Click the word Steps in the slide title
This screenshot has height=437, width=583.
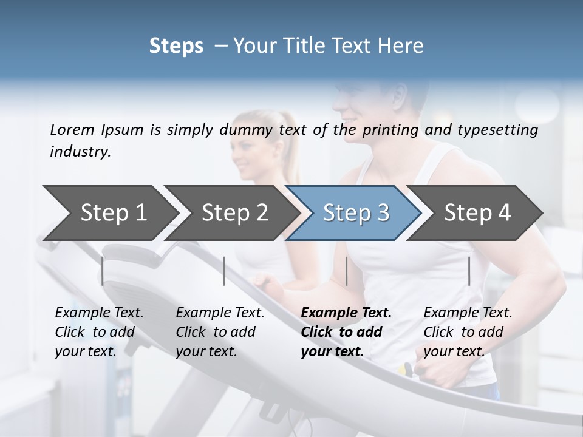pos(176,46)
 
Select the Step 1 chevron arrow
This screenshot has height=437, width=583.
pos(109,212)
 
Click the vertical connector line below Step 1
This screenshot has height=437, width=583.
pos(103,271)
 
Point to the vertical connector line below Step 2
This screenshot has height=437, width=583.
pos(224,271)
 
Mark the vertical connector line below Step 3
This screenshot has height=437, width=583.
pos(346,271)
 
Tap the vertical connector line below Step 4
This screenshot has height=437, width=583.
pos(469,271)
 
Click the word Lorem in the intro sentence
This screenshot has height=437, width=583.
pos(72,129)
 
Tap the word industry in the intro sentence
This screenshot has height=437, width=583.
pos(79,151)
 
